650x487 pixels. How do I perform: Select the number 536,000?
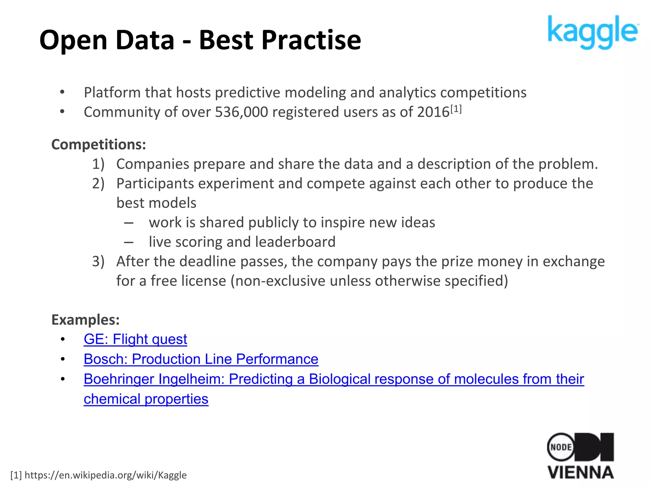(x=241, y=112)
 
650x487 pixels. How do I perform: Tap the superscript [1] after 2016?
(x=456, y=109)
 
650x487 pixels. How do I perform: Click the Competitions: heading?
(x=99, y=145)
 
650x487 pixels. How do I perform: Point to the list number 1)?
(x=98, y=164)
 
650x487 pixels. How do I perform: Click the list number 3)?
(x=98, y=262)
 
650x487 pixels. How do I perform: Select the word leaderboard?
(x=295, y=242)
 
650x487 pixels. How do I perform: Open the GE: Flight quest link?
(x=135, y=339)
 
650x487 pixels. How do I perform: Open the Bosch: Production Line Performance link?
(x=201, y=359)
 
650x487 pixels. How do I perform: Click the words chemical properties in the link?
(x=146, y=399)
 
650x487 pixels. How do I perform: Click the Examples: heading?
(x=85, y=320)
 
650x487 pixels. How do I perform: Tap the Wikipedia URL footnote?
(x=99, y=475)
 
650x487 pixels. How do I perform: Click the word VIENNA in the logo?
(x=580, y=473)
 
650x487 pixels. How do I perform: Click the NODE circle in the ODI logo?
(x=561, y=447)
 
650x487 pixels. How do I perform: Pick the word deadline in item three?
(x=208, y=262)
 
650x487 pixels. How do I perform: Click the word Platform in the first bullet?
(x=112, y=93)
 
